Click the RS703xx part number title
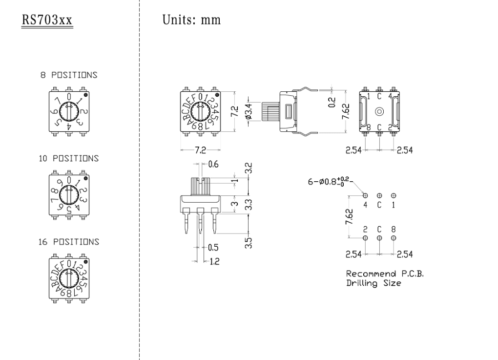[x=47, y=21]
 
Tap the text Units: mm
[x=191, y=20]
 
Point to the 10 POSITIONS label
[x=69, y=158]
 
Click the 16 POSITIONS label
[x=69, y=242]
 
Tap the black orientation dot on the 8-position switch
[x=85, y=94]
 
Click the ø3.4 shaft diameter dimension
[x=248, y=111]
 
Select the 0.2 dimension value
[x=332, y=102]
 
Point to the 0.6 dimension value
[x=213, y=165]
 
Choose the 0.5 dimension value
[x=213, y=247]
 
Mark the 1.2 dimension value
[x=214, y=261]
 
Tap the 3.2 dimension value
[x=249, y=169]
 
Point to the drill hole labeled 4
[x=366, y=196]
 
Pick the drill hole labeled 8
[x=394, y=238]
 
